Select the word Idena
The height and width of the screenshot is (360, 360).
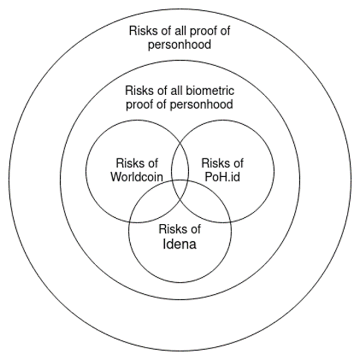click(180, 243)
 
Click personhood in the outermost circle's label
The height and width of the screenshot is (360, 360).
click(179, 44)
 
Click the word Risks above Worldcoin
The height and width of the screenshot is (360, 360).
click(129, 163)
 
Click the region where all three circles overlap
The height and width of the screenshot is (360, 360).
click(180, 189)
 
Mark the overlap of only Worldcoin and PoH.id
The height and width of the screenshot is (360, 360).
click(180, 161)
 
